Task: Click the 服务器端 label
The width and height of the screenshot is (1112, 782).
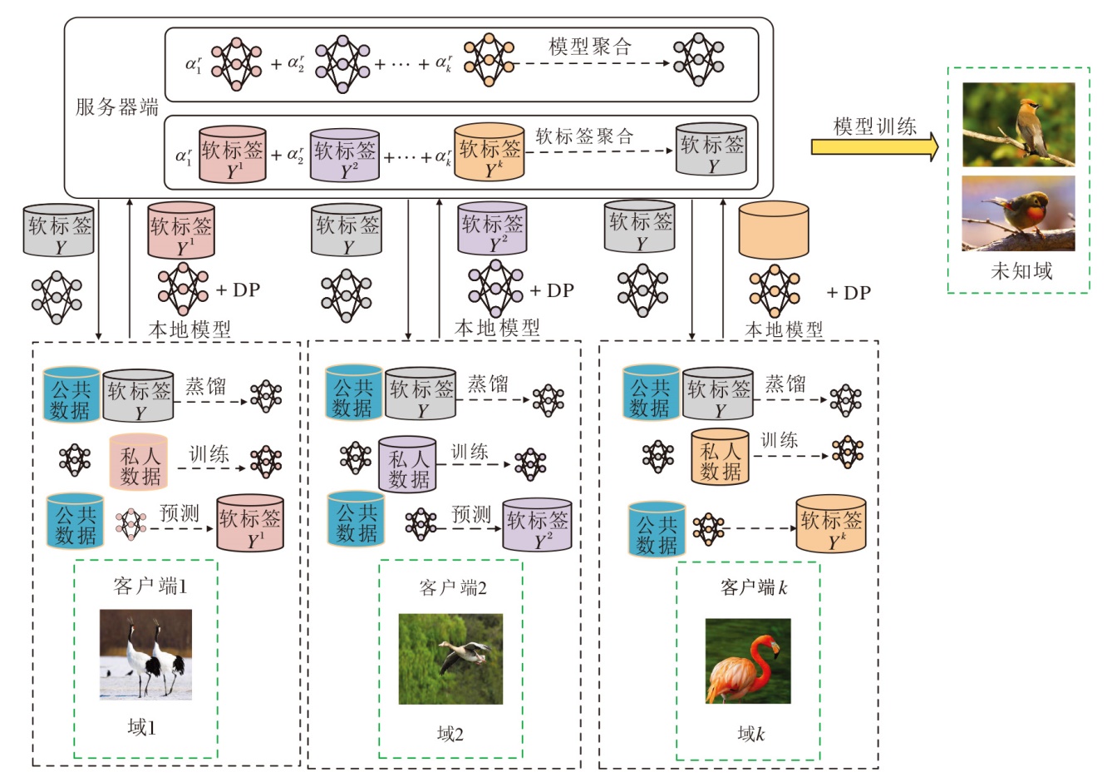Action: click(116, 106)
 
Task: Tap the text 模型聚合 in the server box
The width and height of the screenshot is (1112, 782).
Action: click(589, 47)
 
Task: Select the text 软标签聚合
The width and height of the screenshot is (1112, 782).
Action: click(584, 136)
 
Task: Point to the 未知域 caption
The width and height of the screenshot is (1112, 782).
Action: click(1021, 270)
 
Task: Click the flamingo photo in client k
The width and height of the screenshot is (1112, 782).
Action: click(748, 661)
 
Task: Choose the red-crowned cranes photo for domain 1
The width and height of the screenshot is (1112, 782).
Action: click(145, 655)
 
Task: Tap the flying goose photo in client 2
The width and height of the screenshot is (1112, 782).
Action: click(450, 659)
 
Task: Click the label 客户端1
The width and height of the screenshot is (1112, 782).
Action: click(150, 586)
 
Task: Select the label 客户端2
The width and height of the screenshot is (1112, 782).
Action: click(453, 588)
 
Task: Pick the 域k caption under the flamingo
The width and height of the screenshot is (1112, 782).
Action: click(750, 733)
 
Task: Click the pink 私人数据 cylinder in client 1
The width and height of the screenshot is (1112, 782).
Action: click(139, 463)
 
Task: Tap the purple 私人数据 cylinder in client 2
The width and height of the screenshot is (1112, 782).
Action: click(407, 465)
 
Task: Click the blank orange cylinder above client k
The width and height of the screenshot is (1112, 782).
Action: click(773, 230)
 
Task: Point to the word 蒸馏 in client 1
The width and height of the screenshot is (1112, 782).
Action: click(205, 386)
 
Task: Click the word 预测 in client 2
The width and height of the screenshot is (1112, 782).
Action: click(471, 514)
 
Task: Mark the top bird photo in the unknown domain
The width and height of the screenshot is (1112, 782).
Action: click(1018, 125)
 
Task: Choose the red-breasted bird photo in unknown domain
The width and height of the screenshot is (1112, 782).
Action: click(1018, 213)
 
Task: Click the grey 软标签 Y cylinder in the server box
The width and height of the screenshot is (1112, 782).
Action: click(711, 150)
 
